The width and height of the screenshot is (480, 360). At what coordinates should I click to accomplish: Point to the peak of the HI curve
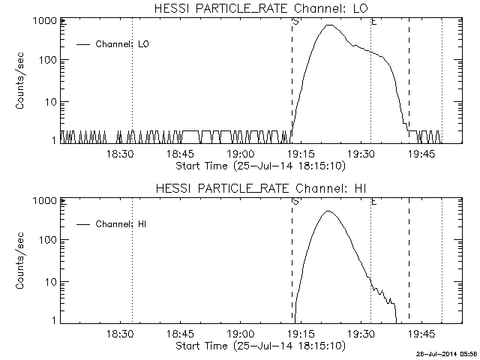pos(328,211)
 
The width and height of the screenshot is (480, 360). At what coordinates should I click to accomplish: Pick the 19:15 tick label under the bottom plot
pos(300,334)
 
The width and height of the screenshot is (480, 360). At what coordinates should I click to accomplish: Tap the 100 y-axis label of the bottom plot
pos(46,241)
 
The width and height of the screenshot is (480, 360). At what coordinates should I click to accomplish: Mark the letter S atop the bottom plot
pos(295,201)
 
